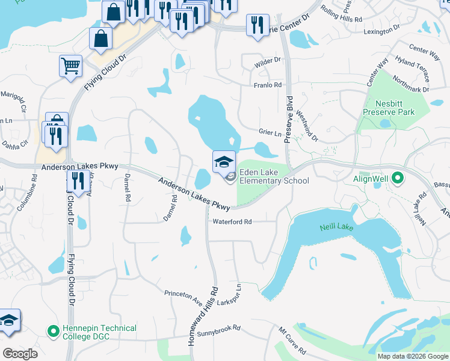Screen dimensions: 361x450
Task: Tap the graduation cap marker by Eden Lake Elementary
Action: click(x=224, y=162)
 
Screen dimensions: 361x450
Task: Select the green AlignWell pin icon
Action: click(x=397, y=179)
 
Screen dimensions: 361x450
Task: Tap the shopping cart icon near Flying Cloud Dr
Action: click(x=71, y=66)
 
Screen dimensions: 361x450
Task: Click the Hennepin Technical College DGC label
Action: click(x=99, y=332)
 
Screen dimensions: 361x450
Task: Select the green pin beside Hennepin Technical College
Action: click(x=53, y=331)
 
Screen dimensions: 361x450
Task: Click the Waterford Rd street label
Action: click(x=232, y=221)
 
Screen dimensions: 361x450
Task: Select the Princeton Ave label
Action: click(x=183, y=295)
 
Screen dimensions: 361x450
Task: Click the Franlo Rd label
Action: click(x=267, y=85)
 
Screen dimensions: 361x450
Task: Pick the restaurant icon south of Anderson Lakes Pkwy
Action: click(x=78, y=180)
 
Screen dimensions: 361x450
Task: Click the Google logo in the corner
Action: click(x=20, y=353)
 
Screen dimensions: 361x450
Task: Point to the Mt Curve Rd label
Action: click(x=291, y=341)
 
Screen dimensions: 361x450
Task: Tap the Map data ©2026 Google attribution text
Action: click(x=412, y=356)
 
